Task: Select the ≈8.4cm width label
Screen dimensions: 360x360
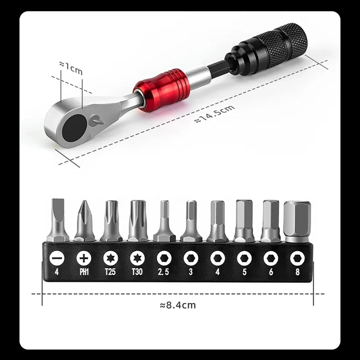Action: pos(178,305)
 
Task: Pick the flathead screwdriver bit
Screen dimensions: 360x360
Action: pos(57,219)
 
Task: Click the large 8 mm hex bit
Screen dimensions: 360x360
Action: pos(297,220)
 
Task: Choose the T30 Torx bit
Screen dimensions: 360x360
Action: pos(137,219)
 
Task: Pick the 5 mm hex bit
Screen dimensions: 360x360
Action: pos(244,220)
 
